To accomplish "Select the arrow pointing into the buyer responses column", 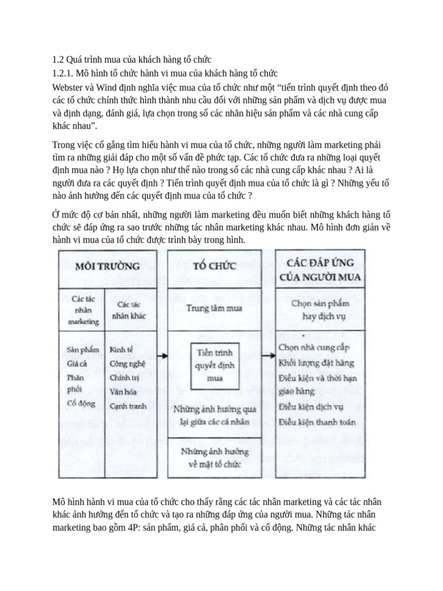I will pos(266,356).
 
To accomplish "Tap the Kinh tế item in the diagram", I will pos(122,349).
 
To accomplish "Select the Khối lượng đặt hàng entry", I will pos(316,362).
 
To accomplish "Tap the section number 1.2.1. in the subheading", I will pos(66,73).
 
